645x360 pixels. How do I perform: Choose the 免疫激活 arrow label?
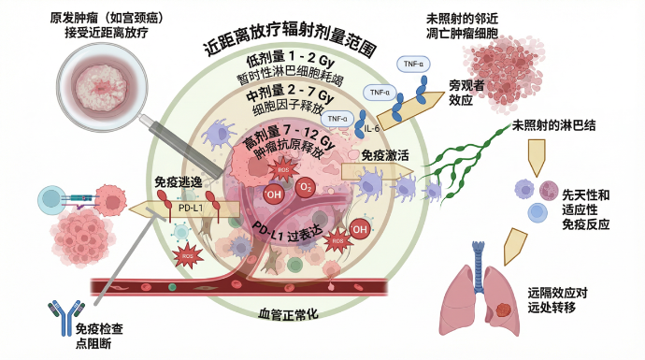click(x=385, y=158)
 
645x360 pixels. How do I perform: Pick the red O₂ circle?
click(x=305, y=188)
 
